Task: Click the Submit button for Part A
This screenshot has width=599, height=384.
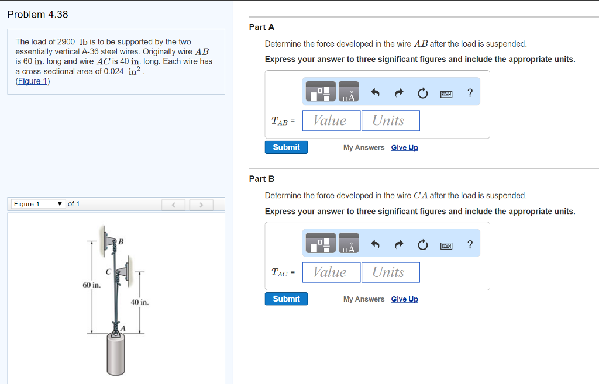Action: click(x=286, y=147)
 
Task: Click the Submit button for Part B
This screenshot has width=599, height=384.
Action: click(x=286, y=299)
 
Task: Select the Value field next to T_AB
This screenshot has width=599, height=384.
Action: click(x=331, y=120)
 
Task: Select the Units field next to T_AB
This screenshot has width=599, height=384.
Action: click(x=390, y=120)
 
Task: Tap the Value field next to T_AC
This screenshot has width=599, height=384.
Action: click(x=331, y=272)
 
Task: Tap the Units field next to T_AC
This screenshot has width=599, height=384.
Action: click(x=390, y=272)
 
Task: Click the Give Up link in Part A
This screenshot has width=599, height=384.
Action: click(x=404, y=148)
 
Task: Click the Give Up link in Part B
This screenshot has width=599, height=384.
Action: click(x=404, y=299)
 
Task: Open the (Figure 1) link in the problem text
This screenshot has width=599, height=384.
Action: click(x=33, y=81)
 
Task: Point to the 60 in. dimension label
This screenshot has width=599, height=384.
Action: click(x=91, y=285)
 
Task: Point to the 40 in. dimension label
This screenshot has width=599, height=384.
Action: click(x=140, y=302)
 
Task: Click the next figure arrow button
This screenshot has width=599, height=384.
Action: click(x=201, y=205)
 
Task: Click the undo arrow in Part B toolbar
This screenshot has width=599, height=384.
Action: click(x=376, y=245)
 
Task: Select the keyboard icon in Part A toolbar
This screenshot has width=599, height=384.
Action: click(x=446, y=94)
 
